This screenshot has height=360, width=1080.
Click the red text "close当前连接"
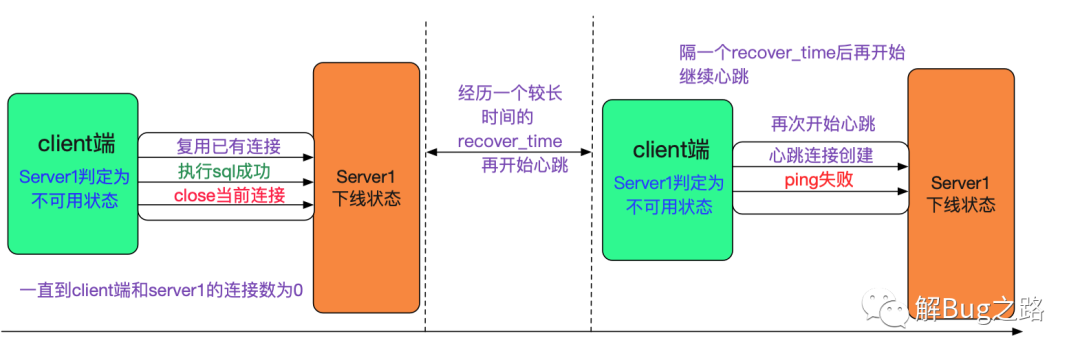pyautogui.click(x=229, y=195)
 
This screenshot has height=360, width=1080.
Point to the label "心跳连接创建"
pyautogui.click(x=820, y=156)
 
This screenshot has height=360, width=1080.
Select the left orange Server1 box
pyautogui.click(x=366, y=188)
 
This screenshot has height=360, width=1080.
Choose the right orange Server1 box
pyautogui.click(x=961, y=194)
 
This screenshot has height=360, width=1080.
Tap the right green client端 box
pyautogui.click(x=667, y=180)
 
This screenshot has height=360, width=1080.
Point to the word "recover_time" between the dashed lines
pyautogui.click(x=510, y=142)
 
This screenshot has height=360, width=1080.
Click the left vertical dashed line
pyautogui.click(x=426, y=176)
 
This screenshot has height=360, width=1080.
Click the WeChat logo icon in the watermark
pyautogui.click(x=882, y=307)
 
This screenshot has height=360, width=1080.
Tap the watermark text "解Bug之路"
pyautogui.click(x=980, y=308)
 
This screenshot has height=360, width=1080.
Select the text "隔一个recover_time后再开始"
pyautogui.click(x=791, y=53)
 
